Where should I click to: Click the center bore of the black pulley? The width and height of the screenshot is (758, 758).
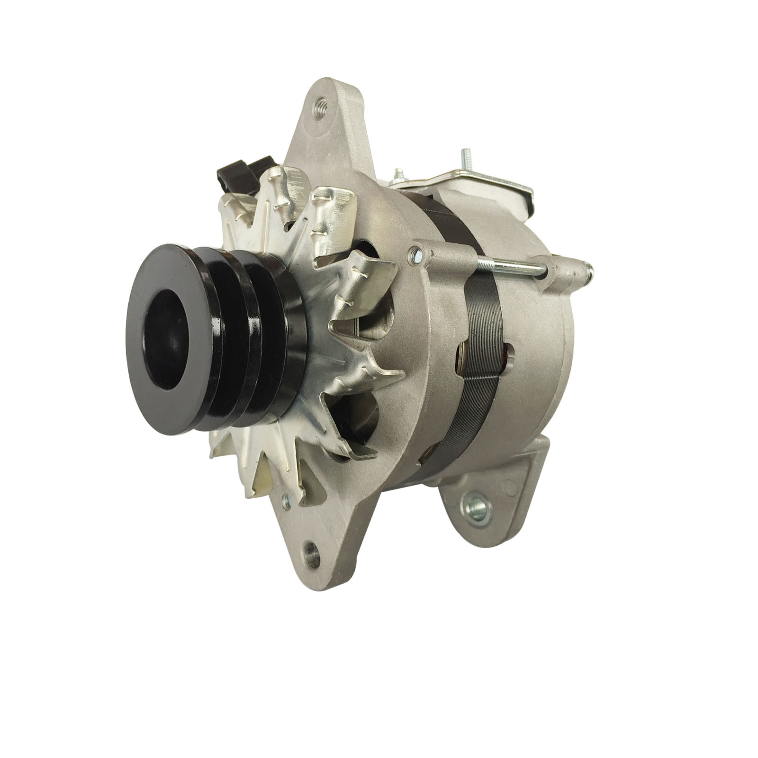coord(167,340)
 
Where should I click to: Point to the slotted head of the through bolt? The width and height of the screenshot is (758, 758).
coord(416,256)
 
